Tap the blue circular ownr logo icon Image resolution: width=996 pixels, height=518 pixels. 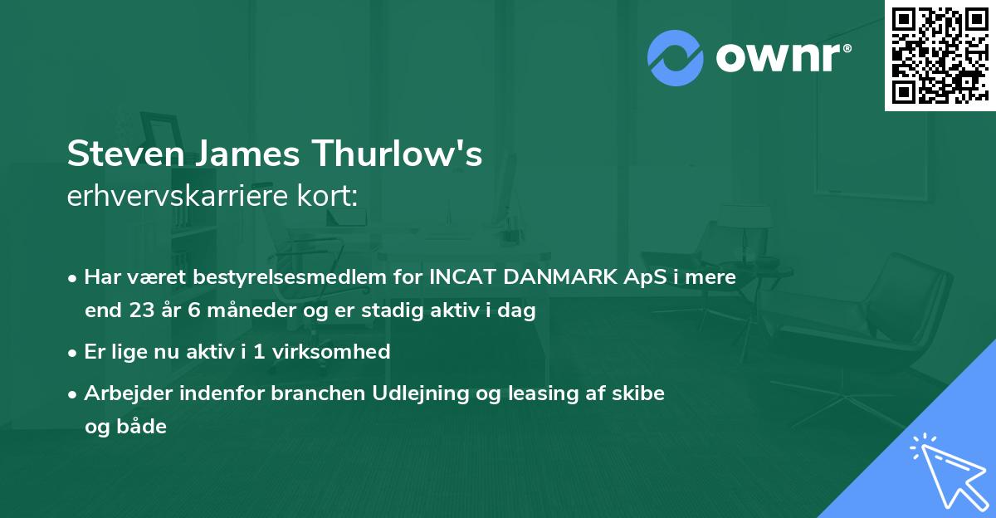coord(676,57)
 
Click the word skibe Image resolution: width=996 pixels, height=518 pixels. coord(643,393)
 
